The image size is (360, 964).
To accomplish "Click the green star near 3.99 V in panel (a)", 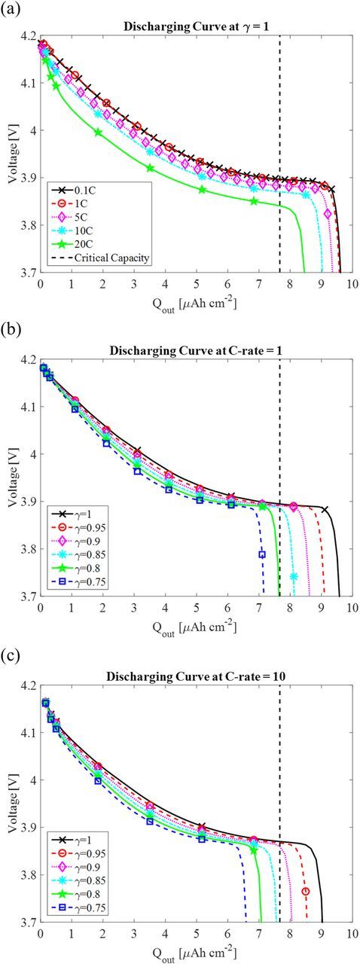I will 98,133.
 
